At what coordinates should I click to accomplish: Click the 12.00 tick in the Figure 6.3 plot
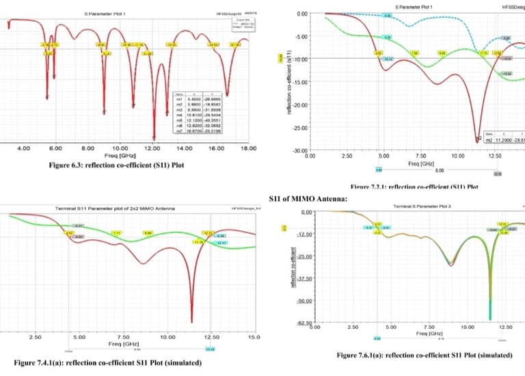(x=151, y=148)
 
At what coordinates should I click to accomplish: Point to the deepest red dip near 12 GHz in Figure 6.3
(x=154, y=137)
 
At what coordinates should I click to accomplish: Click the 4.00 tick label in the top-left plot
(x=23, y=148)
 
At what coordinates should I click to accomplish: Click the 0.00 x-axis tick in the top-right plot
(x=310, y=157)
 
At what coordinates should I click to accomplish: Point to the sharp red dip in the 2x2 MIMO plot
(x=192, y=322)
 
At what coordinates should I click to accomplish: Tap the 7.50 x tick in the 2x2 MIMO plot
(x=124, y=337)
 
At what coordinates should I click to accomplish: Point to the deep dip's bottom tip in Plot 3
(x=490, y=319)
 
